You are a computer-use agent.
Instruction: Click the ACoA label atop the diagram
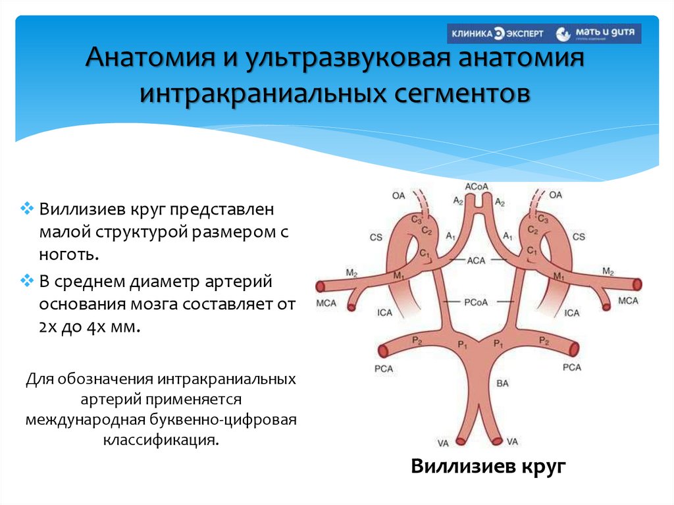pos(477,187)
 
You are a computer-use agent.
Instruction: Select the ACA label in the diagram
pos(476,261)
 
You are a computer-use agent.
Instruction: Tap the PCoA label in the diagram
pos(475,302)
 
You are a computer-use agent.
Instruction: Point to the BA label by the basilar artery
pos(502,382)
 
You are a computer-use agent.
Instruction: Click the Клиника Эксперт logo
pos(497,34)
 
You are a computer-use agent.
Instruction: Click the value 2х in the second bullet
pos(49,327)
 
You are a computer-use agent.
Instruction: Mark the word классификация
pos(160,439)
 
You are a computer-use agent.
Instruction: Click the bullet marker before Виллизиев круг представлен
pos(27,209)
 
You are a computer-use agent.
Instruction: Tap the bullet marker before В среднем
pos(27,282)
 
